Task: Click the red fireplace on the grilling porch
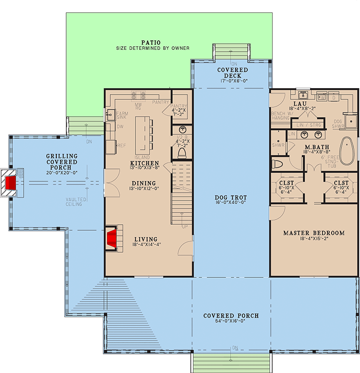click(x=10, y=182)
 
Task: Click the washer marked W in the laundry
click(x=321, y=97)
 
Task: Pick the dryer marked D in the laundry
click(x=333, y=97)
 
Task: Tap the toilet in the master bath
click(x=278, y=165)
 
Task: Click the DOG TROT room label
click(x=231, y=198)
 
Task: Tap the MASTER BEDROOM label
click(x=313, y=233)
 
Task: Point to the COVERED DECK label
click(x=232, y=73)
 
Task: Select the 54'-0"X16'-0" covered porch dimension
click(x=231, y=322)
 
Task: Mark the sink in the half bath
click(x=182, y=129)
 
